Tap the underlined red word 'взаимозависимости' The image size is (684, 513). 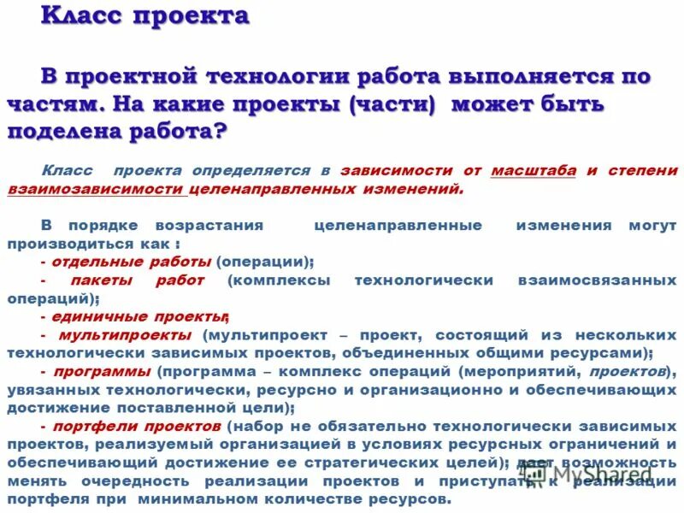coord(95,189)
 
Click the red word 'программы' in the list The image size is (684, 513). coord(102,372)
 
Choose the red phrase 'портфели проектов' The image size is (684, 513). coord(137,426)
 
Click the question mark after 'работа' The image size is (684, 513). coord(221,133)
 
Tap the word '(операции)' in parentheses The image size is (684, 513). coord(263,262)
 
